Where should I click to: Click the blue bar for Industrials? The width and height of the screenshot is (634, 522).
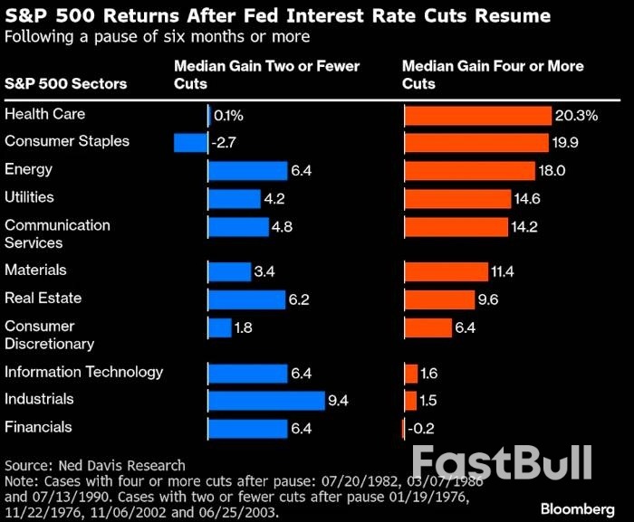[265, 400]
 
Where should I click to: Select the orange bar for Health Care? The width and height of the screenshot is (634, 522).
[477, 116]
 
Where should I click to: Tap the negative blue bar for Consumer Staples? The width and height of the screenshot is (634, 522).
[190, 143]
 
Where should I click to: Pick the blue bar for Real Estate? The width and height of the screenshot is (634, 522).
[246, 299]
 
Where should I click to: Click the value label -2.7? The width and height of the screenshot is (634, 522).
[224, 143]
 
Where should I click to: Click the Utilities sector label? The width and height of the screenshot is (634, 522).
[29, 197]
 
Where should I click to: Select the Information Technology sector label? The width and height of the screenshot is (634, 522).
[83, 372]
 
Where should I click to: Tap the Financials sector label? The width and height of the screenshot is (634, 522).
[38, 427]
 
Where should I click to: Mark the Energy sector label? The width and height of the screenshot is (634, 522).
[28, 169]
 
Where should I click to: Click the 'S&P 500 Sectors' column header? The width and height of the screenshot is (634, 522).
[65, 84]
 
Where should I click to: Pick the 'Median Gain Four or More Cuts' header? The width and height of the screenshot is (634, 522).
[492, 75]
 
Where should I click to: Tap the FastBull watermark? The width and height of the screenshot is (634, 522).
[502, 462]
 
